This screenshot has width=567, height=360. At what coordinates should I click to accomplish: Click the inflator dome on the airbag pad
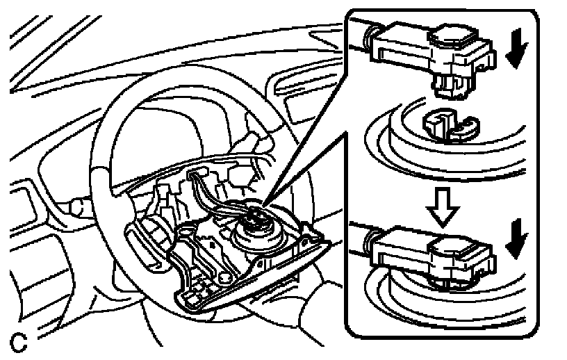tap(261, 233)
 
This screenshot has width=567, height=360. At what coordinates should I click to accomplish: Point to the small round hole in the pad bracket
tap(227, 279)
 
